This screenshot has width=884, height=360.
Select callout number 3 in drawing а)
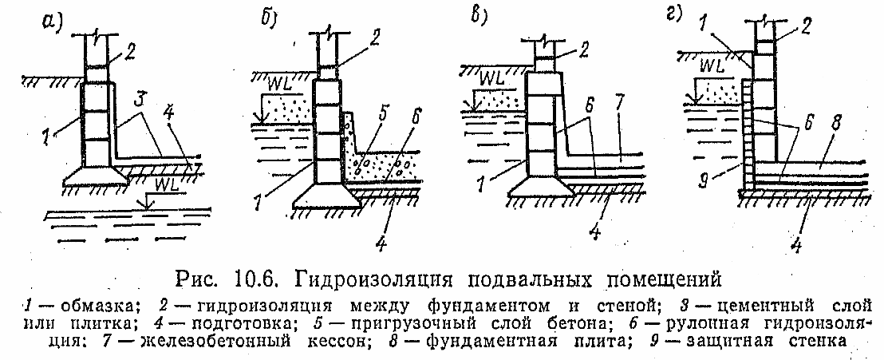pyautogui.click(x=142, y=101)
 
